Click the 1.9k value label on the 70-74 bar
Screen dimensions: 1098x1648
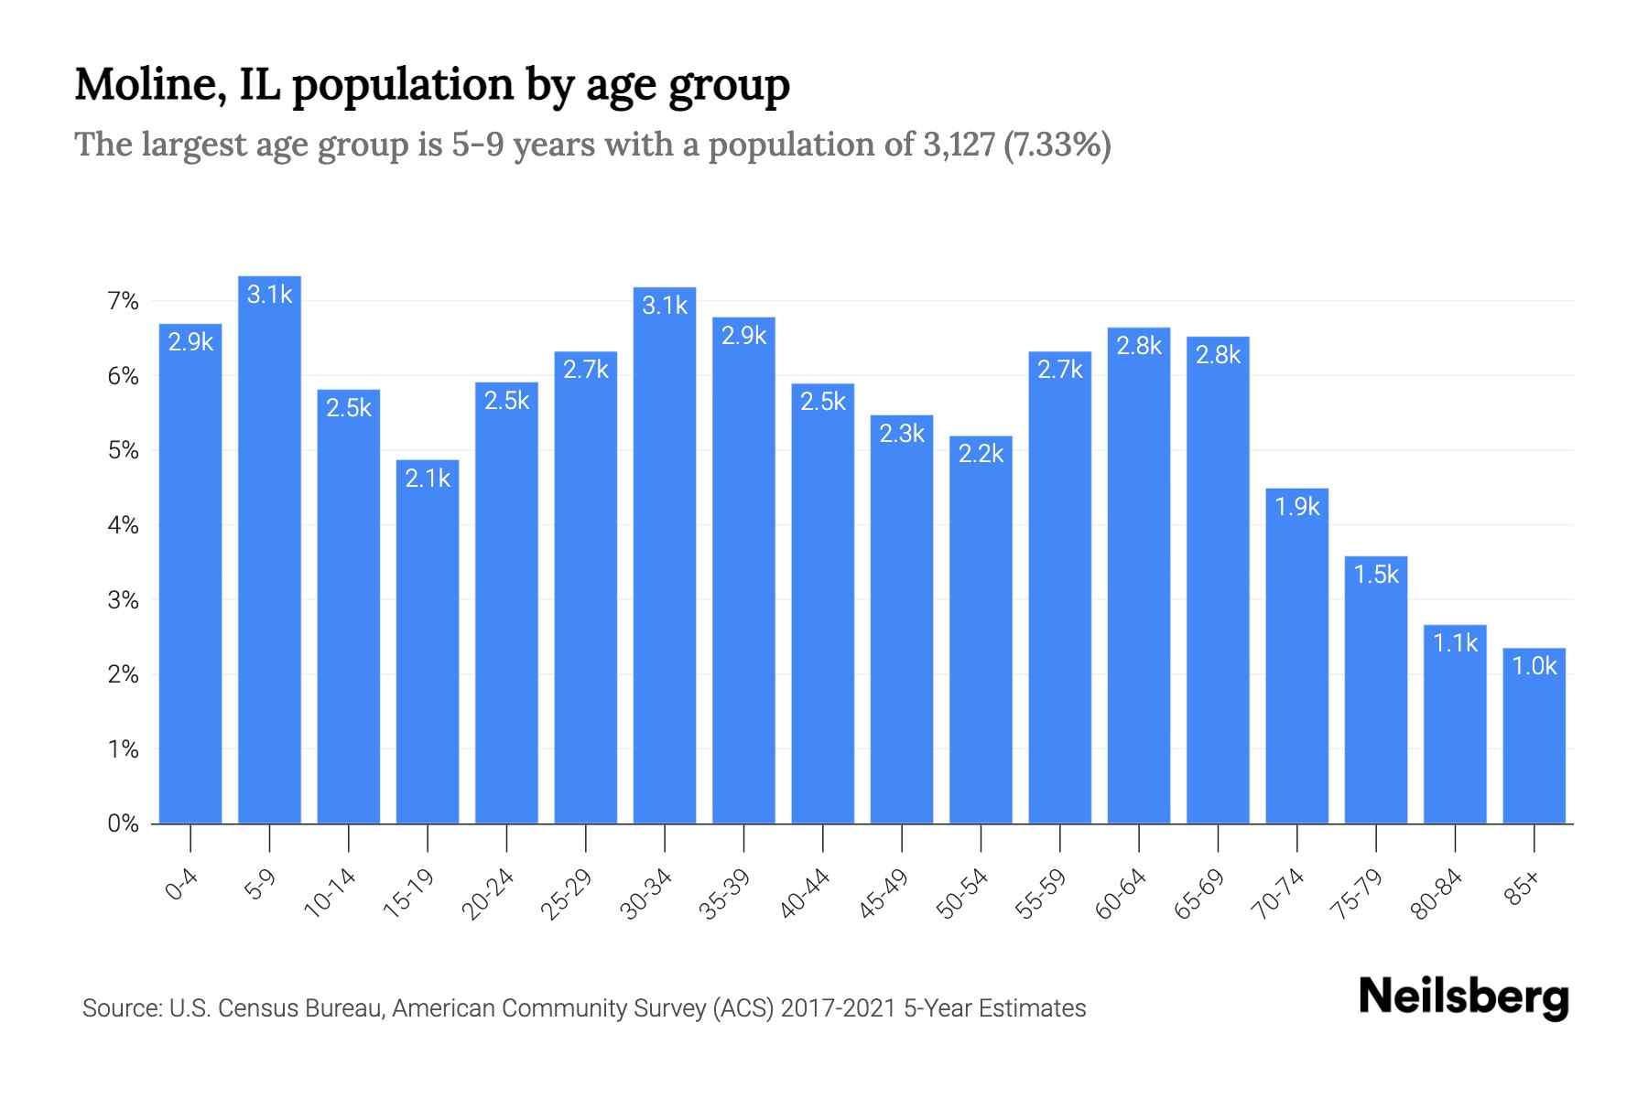(1297, 506)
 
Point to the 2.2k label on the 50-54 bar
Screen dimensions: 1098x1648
(981, 454)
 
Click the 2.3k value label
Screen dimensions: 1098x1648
(902, 433)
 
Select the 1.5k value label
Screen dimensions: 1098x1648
(1376, 574)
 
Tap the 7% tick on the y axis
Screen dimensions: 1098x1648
(123, 301)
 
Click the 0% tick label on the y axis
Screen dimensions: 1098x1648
(123, 823)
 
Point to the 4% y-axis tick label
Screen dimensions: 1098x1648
(123, 525)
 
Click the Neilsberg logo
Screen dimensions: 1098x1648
(1463, 997)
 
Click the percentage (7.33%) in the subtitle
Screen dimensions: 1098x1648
(1057, 145)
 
